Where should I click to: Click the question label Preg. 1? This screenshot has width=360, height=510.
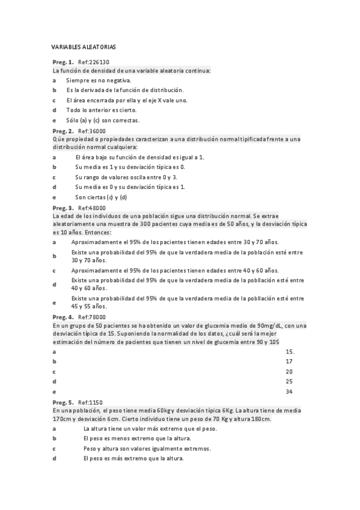click(x=63, y=62)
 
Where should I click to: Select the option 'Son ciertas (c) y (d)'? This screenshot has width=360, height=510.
click(x=101, y=197)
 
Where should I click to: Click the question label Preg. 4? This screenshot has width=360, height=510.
click(x=63, y=317)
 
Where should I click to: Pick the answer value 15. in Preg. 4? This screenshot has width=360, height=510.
click(x=290, y=351)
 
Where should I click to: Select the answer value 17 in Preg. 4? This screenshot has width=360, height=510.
click(x=289, y=361)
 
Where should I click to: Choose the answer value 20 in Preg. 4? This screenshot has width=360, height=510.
click(x=289, y=372)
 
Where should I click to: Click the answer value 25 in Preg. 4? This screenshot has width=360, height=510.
click(x=289, y=381)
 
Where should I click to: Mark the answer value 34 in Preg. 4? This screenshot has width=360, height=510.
click(x=289, y=392)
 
